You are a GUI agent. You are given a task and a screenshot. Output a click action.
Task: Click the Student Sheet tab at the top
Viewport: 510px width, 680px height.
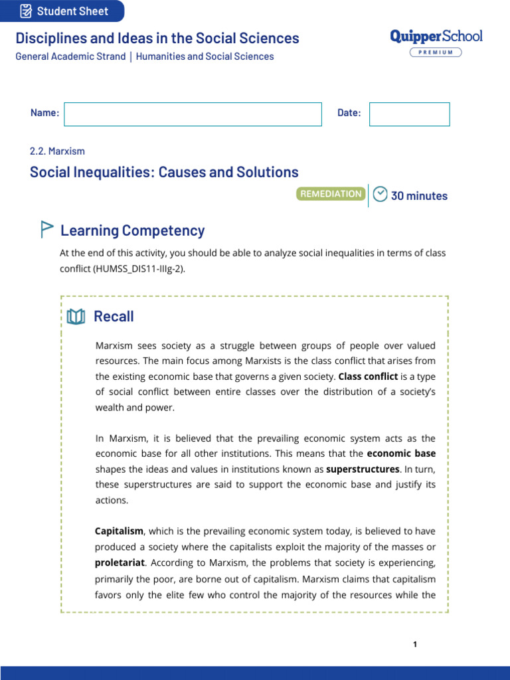point(62,11)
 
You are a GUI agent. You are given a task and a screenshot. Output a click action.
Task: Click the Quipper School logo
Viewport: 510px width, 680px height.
point(436,37)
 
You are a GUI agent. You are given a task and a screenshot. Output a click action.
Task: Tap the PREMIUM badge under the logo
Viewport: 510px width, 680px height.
point(436,52)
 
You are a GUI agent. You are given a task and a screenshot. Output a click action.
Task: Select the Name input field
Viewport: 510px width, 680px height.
point(193,114)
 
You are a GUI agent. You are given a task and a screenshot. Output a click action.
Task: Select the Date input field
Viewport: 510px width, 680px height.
point(409,114)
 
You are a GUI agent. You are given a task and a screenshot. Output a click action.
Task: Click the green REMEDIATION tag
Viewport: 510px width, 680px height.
point(331,194)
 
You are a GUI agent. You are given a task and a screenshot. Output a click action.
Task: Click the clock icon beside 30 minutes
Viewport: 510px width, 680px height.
point(380,195)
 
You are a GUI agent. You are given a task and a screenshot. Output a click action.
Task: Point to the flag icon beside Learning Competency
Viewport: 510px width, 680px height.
point(46,230)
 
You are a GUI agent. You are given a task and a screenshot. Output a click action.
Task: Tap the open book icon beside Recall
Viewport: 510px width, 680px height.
point(76,317)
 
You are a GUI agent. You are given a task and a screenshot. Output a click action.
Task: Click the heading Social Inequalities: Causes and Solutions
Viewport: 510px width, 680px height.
point(164,173)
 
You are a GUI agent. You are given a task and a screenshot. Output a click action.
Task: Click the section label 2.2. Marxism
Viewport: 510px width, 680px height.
point(57,151)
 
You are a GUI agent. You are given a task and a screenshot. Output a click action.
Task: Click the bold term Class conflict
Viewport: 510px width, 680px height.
point(368,377)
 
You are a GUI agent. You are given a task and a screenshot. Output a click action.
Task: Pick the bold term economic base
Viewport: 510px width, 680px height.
point(401,454)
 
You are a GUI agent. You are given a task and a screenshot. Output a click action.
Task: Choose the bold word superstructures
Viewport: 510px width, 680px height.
point(362,469)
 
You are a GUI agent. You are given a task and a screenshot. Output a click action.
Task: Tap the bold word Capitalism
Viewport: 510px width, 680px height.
point(119,532)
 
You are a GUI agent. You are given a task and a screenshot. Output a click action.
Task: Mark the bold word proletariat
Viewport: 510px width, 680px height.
point(119,562)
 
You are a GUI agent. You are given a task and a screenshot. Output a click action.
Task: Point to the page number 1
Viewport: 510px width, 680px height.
point(414,644)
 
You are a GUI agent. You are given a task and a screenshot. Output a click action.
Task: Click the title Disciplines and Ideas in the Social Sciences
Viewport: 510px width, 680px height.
point(157,39)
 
